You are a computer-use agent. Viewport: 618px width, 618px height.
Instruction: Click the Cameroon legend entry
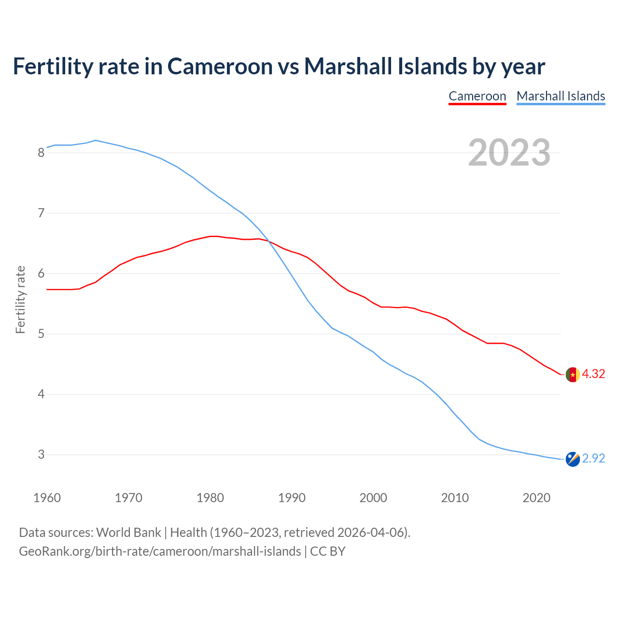477,96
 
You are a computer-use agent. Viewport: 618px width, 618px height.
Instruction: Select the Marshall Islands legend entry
561,96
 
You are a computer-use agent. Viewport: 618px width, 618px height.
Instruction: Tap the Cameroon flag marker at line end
573,375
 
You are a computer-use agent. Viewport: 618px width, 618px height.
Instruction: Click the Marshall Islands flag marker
573,459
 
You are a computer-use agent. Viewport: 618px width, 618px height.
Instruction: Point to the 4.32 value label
593,374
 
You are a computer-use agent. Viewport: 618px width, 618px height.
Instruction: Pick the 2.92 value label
593,459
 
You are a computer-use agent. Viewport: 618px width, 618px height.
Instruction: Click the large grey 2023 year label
509,153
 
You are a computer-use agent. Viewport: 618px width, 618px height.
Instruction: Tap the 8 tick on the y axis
41,153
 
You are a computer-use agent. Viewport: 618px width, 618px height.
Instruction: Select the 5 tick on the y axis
41,334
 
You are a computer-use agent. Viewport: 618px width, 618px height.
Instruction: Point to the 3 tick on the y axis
41,455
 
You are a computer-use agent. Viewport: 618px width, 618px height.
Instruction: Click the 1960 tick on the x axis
47,498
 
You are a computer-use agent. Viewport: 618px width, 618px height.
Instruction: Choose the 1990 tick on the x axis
292,498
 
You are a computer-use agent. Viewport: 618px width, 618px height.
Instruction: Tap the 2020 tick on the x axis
536,498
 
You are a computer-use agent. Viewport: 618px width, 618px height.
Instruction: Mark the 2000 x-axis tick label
373,498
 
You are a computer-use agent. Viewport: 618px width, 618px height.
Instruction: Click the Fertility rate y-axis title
20,299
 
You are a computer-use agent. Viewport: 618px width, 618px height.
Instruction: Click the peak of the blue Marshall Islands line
96,140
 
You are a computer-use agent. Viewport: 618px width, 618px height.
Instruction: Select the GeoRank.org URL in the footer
160,551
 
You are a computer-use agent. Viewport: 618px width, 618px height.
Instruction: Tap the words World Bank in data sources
128,533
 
